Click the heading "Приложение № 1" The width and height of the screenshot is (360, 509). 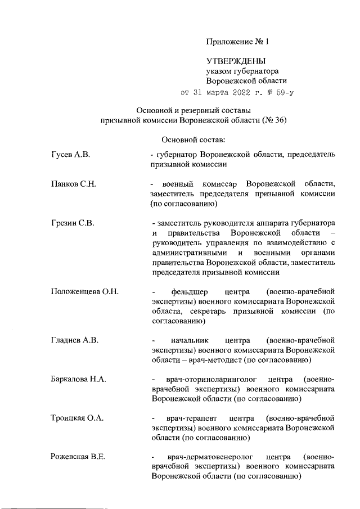point(238,41)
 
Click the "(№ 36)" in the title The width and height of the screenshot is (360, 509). point(273,120)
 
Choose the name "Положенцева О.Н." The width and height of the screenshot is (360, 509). point(84,292)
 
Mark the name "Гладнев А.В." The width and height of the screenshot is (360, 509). point(75,340)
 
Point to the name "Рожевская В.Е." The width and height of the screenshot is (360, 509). point(79,457)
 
